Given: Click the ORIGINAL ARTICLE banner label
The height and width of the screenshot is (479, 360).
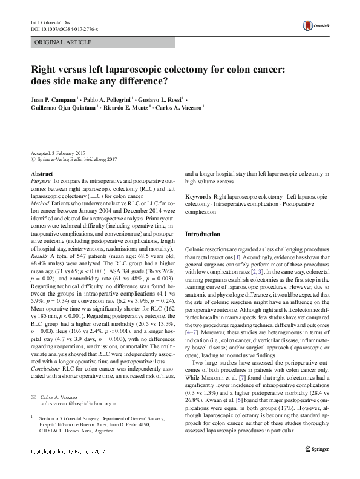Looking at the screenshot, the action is coord(63,42).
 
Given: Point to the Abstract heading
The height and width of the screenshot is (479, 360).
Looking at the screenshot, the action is coord(41,174).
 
